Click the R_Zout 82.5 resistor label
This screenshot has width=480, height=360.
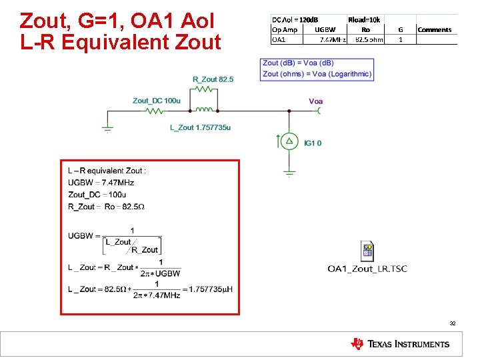click(213, 79)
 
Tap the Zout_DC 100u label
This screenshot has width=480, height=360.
click(156, 101)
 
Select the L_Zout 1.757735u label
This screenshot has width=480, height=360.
click(200, 127)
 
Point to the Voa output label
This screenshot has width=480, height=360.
click(316, 101)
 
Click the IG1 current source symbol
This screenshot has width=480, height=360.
click(289, 141)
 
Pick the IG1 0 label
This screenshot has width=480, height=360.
click(313, 143)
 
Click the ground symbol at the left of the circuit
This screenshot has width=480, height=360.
click(107, 129)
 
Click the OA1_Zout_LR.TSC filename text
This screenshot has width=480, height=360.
click(367, 269)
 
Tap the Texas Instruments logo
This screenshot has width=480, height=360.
click(400, 344)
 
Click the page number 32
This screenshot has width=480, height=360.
click(453, 323)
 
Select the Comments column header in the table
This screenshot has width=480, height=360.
click(434, 29)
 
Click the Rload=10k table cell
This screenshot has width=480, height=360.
click(364, 20)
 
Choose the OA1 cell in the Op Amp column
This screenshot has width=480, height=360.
click(278, 39)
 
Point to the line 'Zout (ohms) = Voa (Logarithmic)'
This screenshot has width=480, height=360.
click(317, 73)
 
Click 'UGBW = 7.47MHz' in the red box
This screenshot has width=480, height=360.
click(101, 183)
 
